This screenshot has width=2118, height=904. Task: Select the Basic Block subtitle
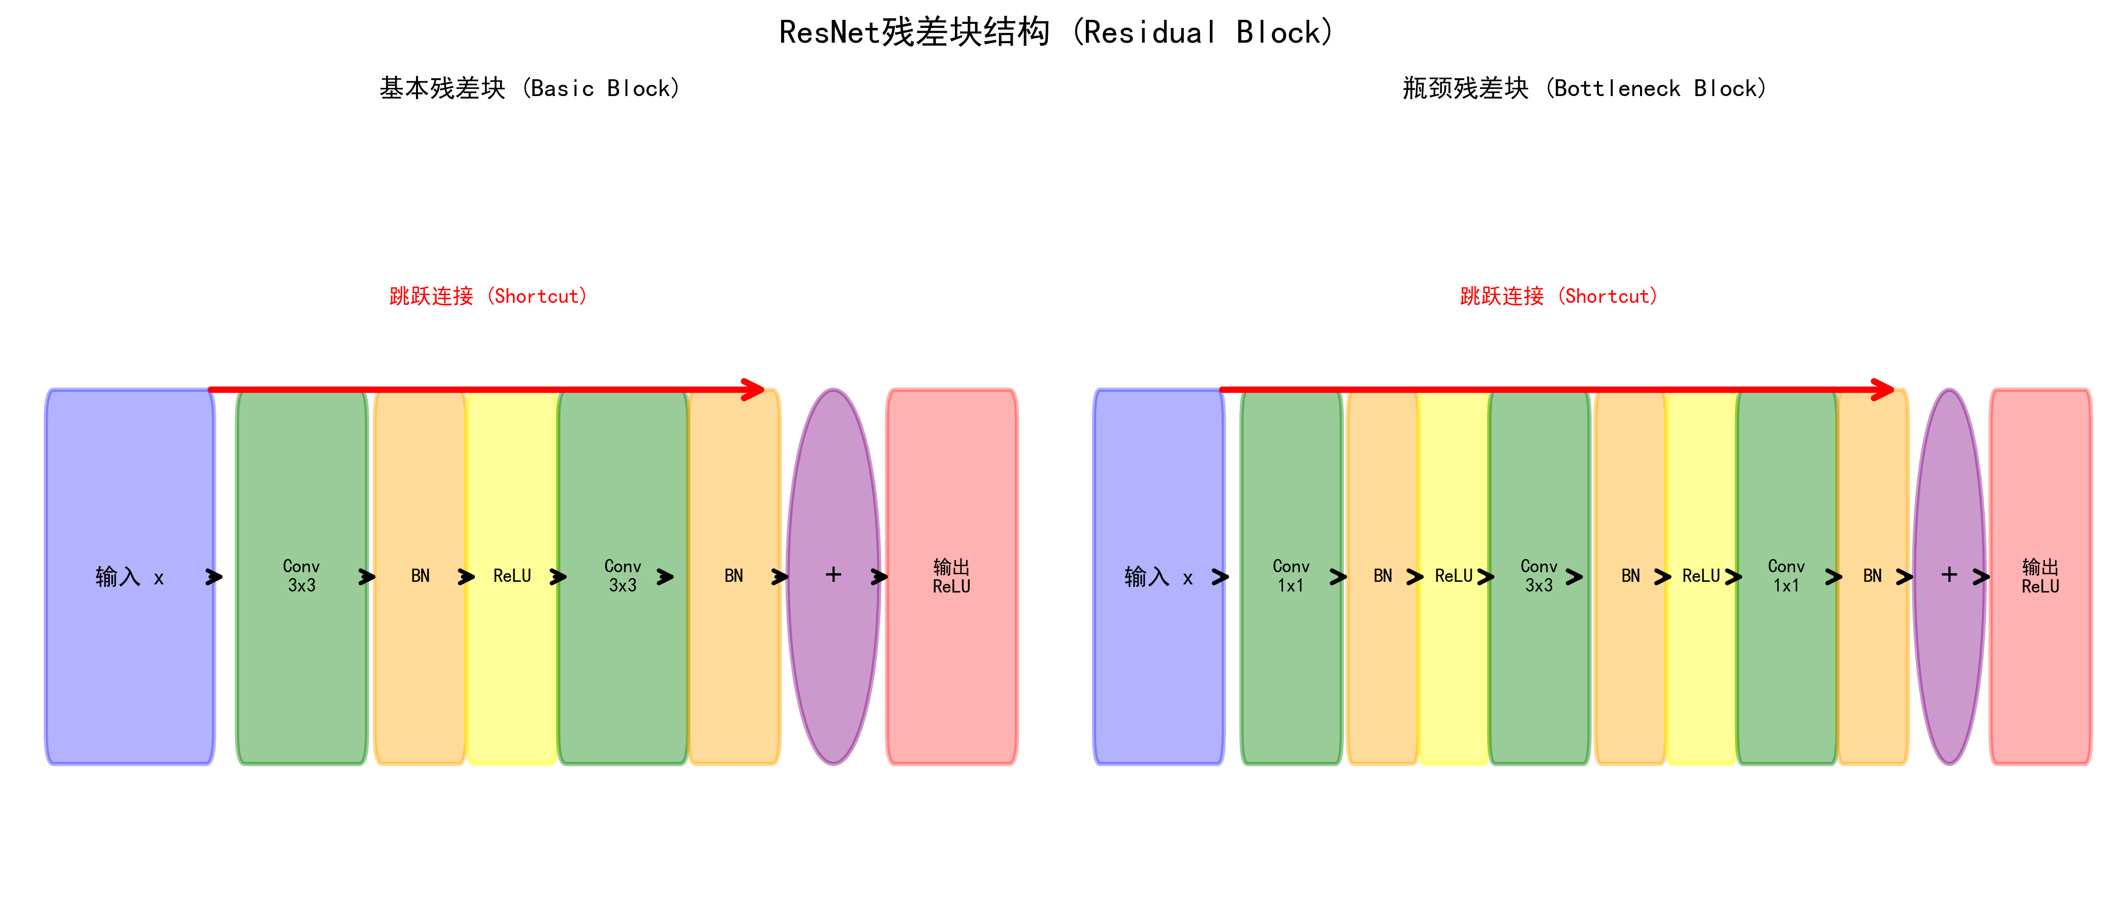pos(529,88)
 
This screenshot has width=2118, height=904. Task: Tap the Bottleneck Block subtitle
pos(1584,88)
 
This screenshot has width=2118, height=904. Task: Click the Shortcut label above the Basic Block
pos(489,296)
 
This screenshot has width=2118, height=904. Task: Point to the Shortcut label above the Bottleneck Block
pos(1559,296)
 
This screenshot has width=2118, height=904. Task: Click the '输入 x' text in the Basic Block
pos(129,577)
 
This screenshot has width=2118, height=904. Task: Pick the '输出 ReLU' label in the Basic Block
pos(951,576)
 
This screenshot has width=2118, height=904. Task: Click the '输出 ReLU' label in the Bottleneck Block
pos(2040,576)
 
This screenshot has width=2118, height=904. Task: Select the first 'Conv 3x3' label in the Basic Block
pos(301,576)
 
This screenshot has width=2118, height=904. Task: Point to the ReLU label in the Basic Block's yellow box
pos(511,576)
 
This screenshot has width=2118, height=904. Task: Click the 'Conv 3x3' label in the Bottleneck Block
pos(1538,576)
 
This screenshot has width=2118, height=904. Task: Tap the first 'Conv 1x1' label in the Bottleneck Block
pos(1291,576)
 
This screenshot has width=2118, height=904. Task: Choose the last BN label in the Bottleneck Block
pos(1872,576)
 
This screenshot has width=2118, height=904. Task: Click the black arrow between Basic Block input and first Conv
pos(215,577)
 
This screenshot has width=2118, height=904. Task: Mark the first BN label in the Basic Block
pos(420,576)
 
